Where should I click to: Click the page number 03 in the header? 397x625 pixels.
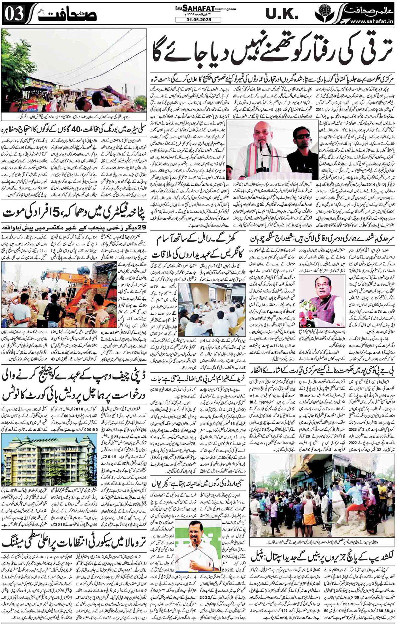tap(12, 15)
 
